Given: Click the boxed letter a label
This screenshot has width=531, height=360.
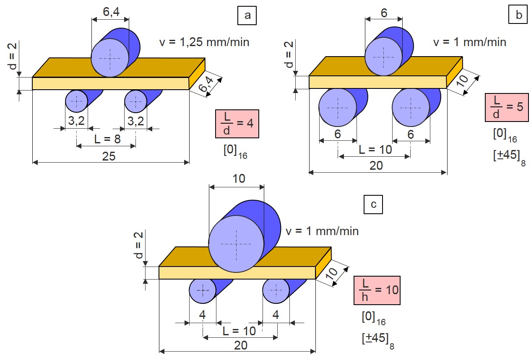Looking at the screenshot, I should click(247, 16).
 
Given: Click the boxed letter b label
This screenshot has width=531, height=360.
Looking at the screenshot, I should click(519, 16).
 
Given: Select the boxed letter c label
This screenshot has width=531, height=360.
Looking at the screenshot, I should click(373, 205).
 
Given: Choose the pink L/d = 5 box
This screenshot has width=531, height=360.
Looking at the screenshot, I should click(506, 107).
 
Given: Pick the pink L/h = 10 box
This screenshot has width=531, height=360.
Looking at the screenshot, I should click(377, 290).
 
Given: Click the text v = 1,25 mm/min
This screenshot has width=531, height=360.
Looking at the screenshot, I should click(204, 42).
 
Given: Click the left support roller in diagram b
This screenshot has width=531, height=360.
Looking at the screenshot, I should click(338, 108).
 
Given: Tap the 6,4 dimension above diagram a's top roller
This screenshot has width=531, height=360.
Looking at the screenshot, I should click(110, 13).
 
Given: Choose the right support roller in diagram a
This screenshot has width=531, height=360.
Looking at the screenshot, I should click(136, 101).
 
